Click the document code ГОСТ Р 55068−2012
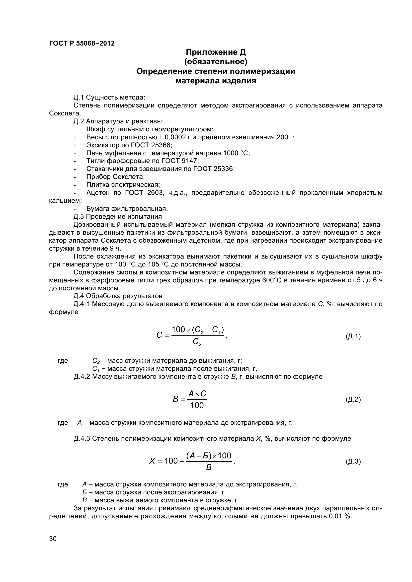[x=82, y=43]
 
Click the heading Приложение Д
[x=216, y=52]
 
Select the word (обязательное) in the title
[x=216, y=62]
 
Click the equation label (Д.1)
[x=353, y=336]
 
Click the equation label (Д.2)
[x=353, y=400]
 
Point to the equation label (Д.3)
[x=353, y=461]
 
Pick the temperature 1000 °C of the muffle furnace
[x=236, y=153]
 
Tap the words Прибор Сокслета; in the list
[x=115, y=177]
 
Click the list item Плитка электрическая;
[x=123, y=185]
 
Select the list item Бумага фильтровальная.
[x=127, y=209]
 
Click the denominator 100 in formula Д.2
[x=197, y=406]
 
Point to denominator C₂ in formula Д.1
[x=197, y=342]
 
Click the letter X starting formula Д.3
[x=152, y=461]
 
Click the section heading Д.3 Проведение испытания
[x=118, y=216]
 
